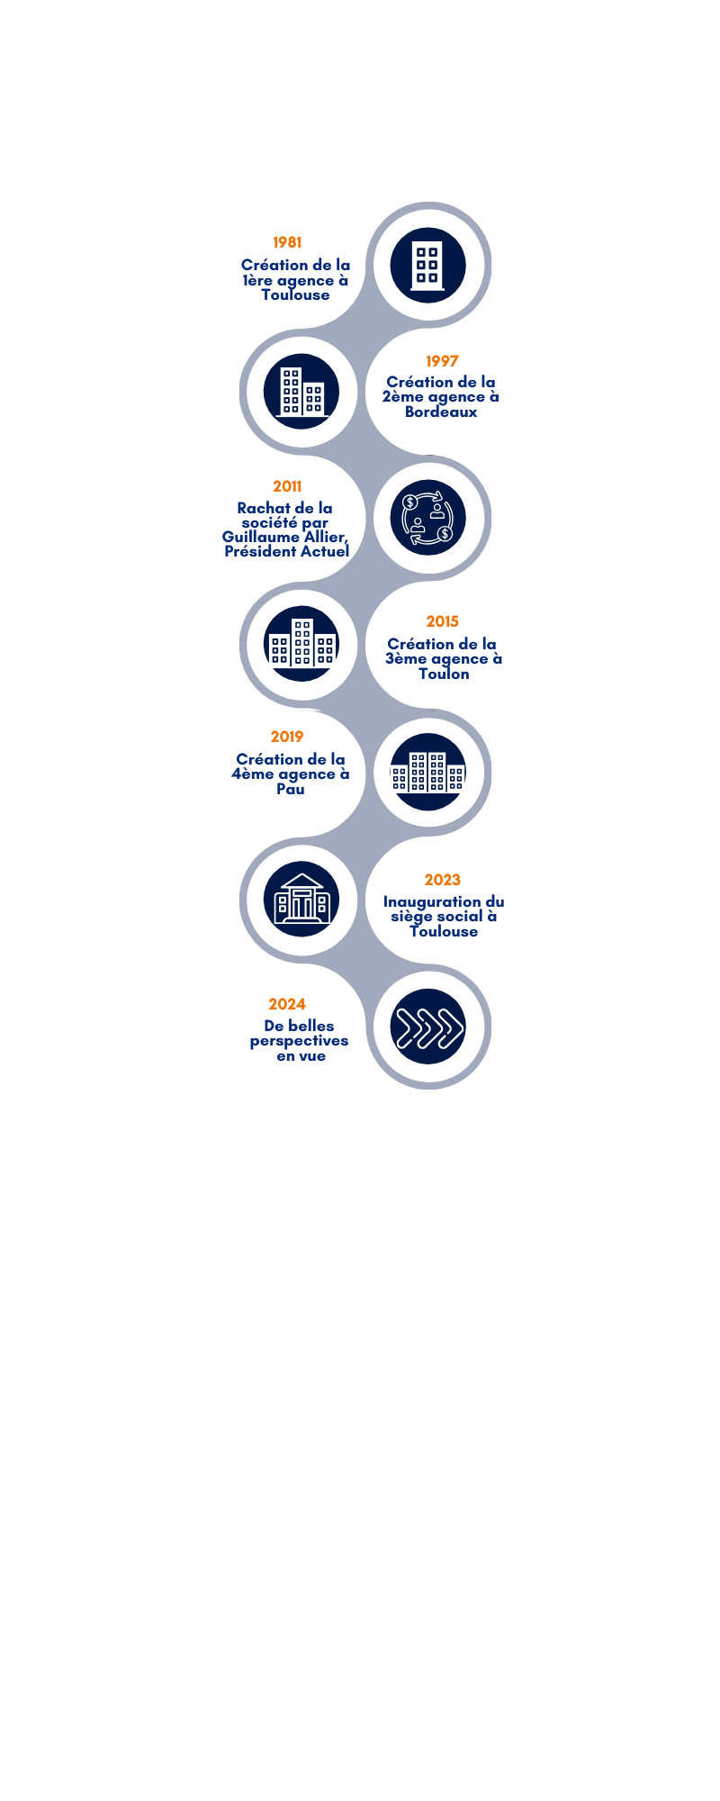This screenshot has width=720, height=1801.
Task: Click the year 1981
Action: click(287, 242)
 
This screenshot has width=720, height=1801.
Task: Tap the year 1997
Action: click(442, 361)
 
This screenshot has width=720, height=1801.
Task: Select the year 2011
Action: click(287, 486)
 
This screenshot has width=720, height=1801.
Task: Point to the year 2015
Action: click(442, 621)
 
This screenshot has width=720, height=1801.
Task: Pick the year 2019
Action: click(287, 737)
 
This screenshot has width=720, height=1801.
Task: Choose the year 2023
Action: click(443, 880)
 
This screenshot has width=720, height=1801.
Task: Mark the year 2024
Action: click(287, 1004)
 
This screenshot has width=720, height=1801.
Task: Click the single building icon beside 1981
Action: click(427, 266)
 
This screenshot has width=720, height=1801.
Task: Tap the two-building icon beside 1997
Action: click(302, 392)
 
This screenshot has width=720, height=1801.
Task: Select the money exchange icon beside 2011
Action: click(427, 518)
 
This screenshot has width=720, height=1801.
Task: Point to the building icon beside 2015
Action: click(302, 643)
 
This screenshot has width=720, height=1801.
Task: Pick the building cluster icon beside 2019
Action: click(427, 772)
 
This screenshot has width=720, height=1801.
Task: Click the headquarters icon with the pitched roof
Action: click(302, 899)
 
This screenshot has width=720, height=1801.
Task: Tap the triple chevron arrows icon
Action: click(427, 1027)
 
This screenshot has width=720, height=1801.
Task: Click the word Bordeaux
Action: click(441, 412)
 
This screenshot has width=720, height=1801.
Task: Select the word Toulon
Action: click(444, 674)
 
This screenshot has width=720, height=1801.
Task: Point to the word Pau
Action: click(291, 789)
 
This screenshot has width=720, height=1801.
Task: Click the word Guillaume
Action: click(256, 537)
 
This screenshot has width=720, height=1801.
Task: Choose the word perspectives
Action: click(300, 1041)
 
